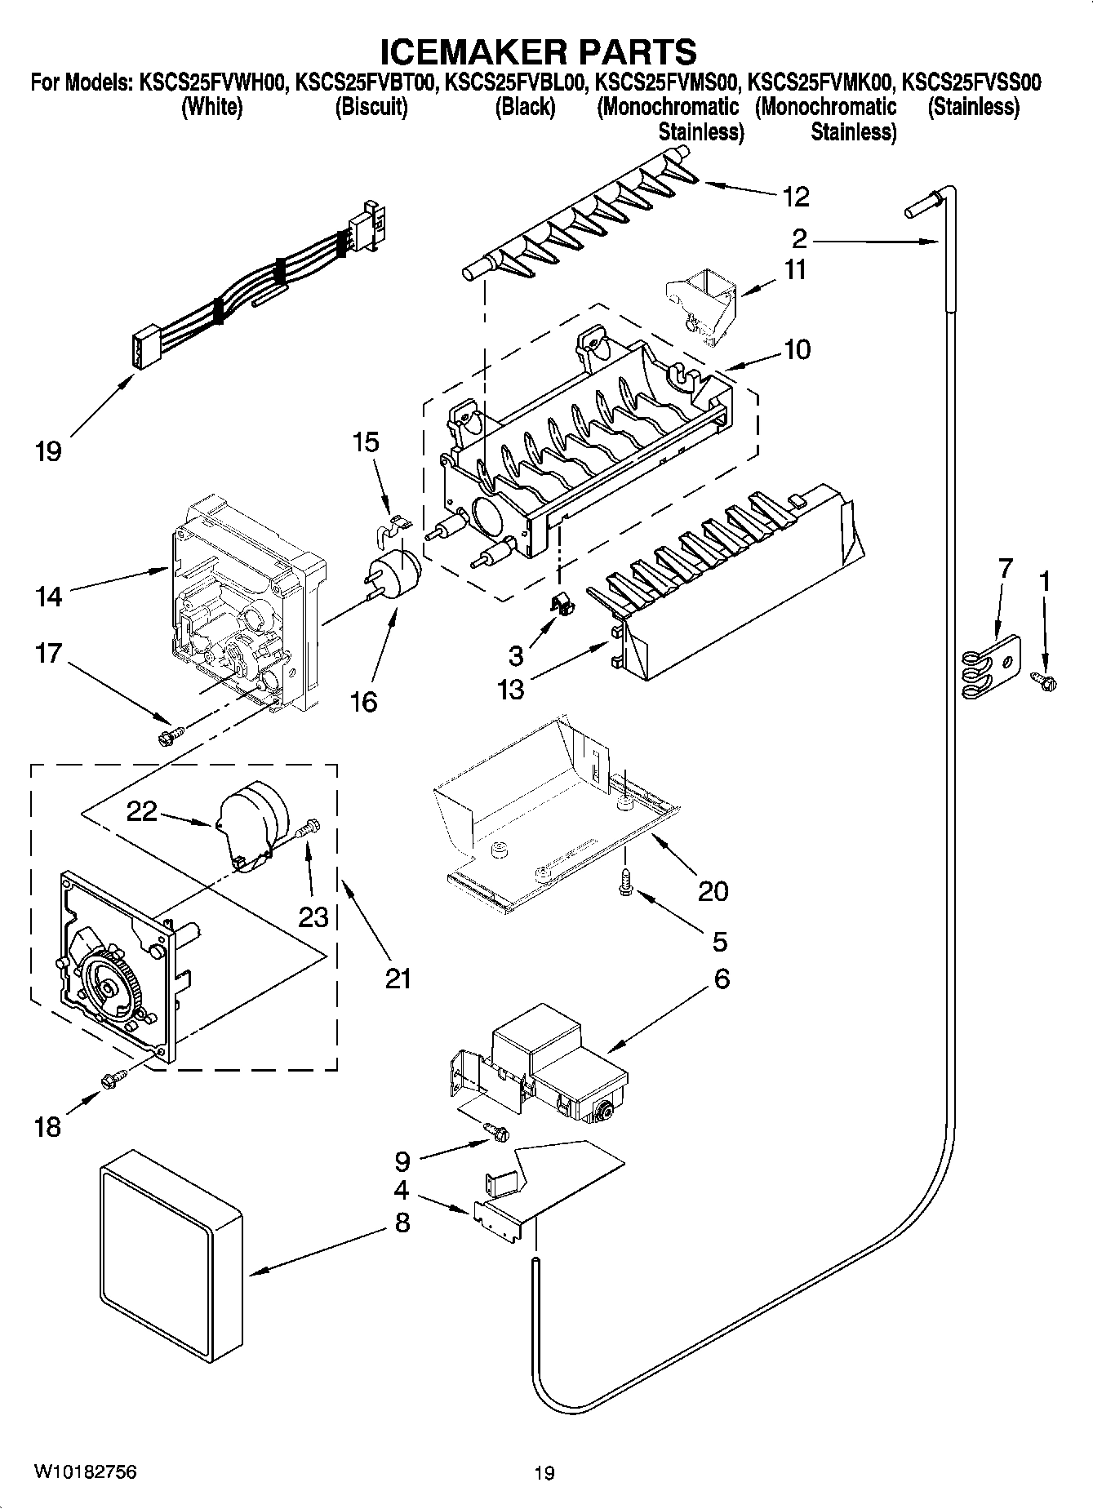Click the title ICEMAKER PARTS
tap(539, 51)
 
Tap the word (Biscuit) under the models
tap(371, 107)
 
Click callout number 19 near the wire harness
tap(48, 451)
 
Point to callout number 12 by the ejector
tap(795, 196)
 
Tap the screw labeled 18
tap(112, 1080)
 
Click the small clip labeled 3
tap(561, 606)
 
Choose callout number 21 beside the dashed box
tap(398, 977)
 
